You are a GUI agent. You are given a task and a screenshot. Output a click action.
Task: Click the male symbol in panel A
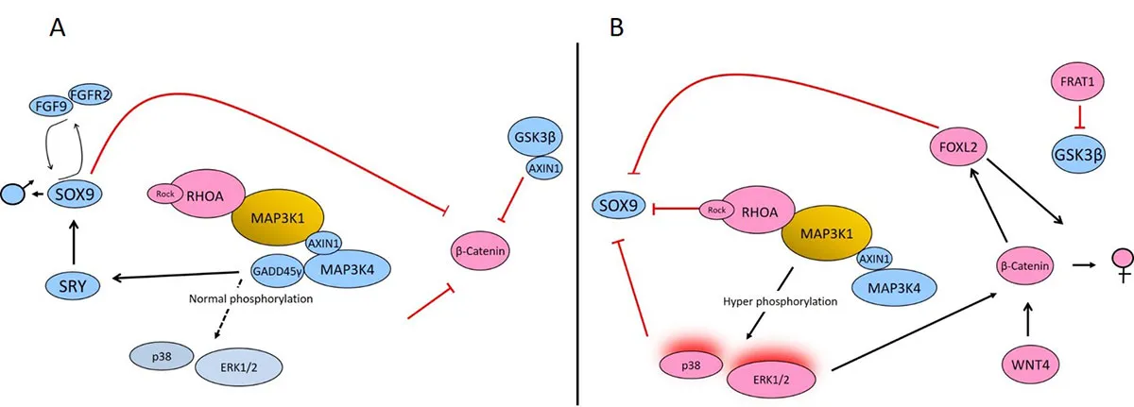(x=13, y=193)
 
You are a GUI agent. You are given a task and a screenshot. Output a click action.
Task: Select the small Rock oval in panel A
(x=162, y=193)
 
